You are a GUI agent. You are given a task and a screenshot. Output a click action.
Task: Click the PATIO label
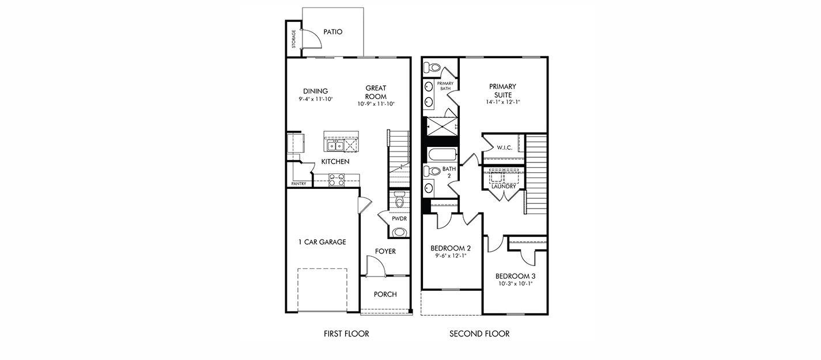point(332,32)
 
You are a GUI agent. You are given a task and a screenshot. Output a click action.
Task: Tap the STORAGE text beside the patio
point(294,39)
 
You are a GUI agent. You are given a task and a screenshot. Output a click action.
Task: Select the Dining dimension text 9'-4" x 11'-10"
point(316,99)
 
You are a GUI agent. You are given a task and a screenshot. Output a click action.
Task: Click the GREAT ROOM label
point(376,92)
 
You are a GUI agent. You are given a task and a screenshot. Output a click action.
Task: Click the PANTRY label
point(298,184)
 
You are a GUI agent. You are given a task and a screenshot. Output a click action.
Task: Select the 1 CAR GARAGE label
point(322,242)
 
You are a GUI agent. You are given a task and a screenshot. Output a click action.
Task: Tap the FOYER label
point(385,252)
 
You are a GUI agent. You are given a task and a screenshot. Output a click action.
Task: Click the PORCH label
point(385,294)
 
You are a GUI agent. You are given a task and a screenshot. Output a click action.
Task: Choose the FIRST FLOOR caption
point(346,334)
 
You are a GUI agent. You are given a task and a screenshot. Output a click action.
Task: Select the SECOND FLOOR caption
point(479,334)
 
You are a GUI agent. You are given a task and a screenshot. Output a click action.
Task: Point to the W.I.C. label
point(504,148)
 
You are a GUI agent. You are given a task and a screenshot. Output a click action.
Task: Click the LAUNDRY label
point(504,186)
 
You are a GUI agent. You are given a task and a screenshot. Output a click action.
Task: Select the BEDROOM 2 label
point(451,248)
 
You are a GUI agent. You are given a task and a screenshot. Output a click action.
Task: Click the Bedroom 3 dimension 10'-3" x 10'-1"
point(514,283)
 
